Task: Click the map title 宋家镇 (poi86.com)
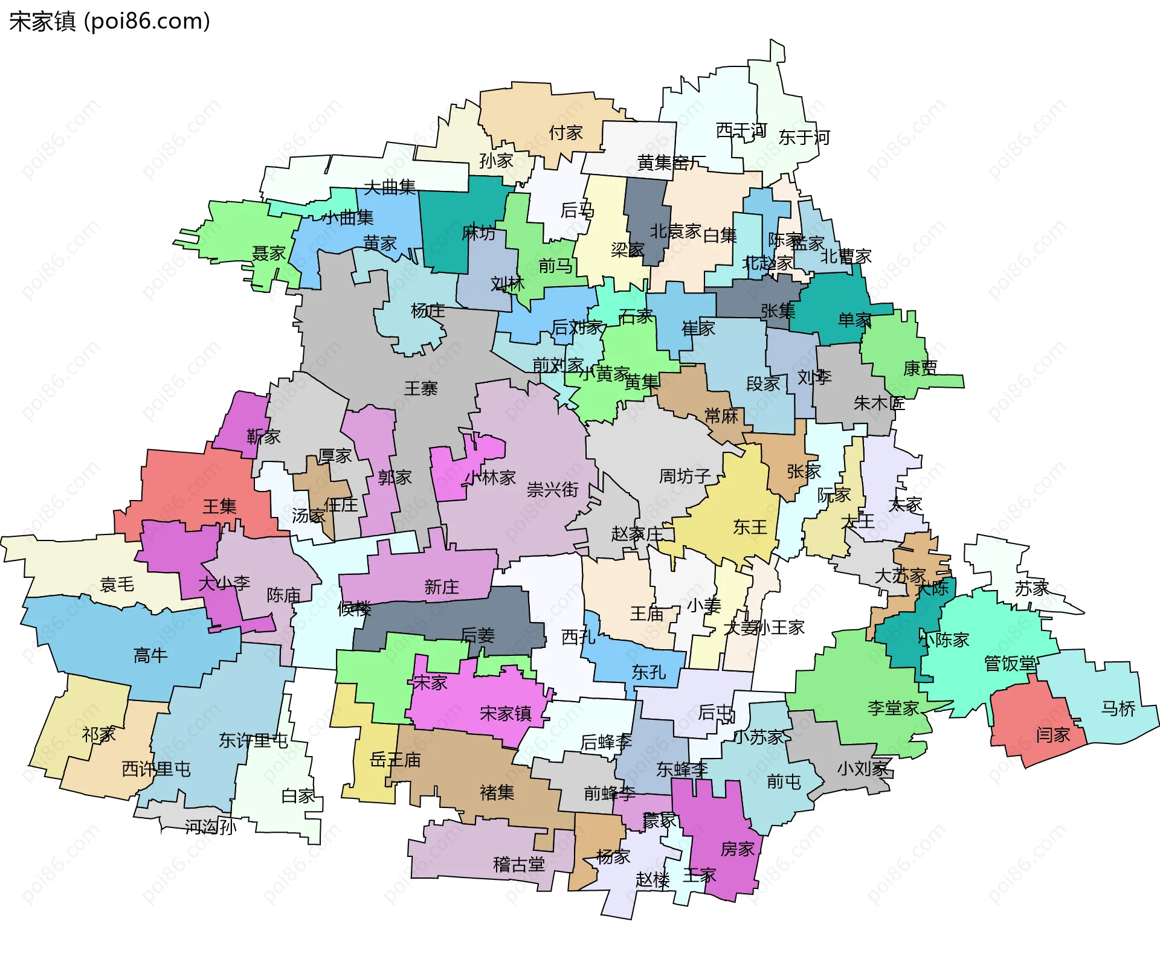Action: [x=109, y=21]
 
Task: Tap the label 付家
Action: [x=565, y=132]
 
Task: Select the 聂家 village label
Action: [x=269, y=253]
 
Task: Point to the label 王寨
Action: [x=420, y=388]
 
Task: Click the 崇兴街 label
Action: [x=552, y=489]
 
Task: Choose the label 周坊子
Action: [x=685, y=476]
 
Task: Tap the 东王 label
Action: [x=750, y=527]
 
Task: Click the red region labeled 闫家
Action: [x=1053, y=735]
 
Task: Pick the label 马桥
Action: [x=1118, y=708]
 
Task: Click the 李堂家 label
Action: [x=893, y=708]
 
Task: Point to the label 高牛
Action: [x=150, y=655]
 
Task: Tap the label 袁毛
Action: [x=117, y=584]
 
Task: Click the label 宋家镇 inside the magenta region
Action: [x=505, y=714]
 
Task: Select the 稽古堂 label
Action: [x=519, y=865]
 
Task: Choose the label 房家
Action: [x=737, y=849]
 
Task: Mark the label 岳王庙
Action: [x=395, y=760]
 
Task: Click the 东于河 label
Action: [x=804, y=138]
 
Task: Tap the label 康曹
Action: [x=920, y=368]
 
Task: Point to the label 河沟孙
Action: [x=210, y=827]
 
